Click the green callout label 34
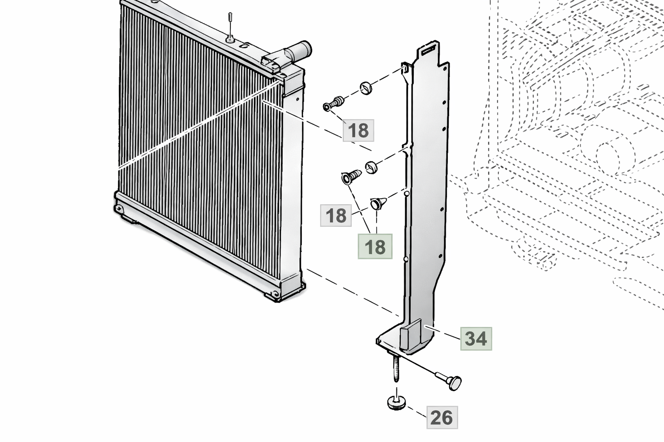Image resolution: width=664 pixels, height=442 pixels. point(476,339)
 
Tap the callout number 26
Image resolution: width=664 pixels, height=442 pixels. point(442,417)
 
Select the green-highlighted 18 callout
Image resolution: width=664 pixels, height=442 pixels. point(375,246)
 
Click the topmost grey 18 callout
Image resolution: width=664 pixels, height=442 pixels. point(358,130)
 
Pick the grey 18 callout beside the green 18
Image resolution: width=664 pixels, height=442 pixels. point(336,215)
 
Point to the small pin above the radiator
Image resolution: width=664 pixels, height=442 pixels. point(230,26)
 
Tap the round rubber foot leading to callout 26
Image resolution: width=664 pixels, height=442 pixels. point(396,402)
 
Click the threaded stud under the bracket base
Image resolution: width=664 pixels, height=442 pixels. point(396,369)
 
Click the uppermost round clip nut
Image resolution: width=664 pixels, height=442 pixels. point(367,88)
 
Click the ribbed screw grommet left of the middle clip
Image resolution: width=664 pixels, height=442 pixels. point(351,177)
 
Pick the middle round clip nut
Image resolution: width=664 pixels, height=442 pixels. point(371,167)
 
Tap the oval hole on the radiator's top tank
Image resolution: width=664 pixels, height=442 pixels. point(244,46)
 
